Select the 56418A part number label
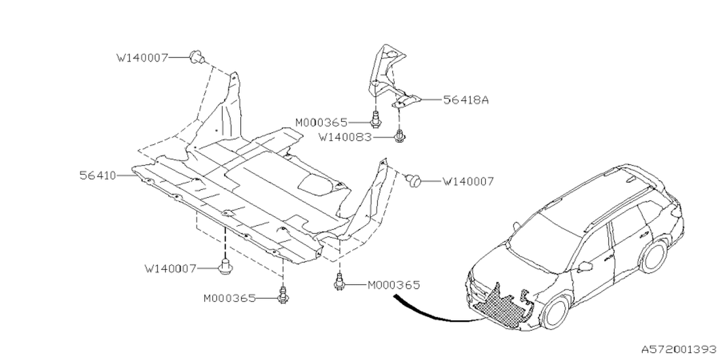coord(466,100)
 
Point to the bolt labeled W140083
coord(400,136)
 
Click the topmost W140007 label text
coord(142,57)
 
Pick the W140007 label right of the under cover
coord(468,181)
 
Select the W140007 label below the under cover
coord(170,268)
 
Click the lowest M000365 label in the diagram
coord(229,298)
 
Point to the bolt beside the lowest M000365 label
coord(283,294)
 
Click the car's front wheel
coord(557,313)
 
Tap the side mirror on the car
coord(584,265)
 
